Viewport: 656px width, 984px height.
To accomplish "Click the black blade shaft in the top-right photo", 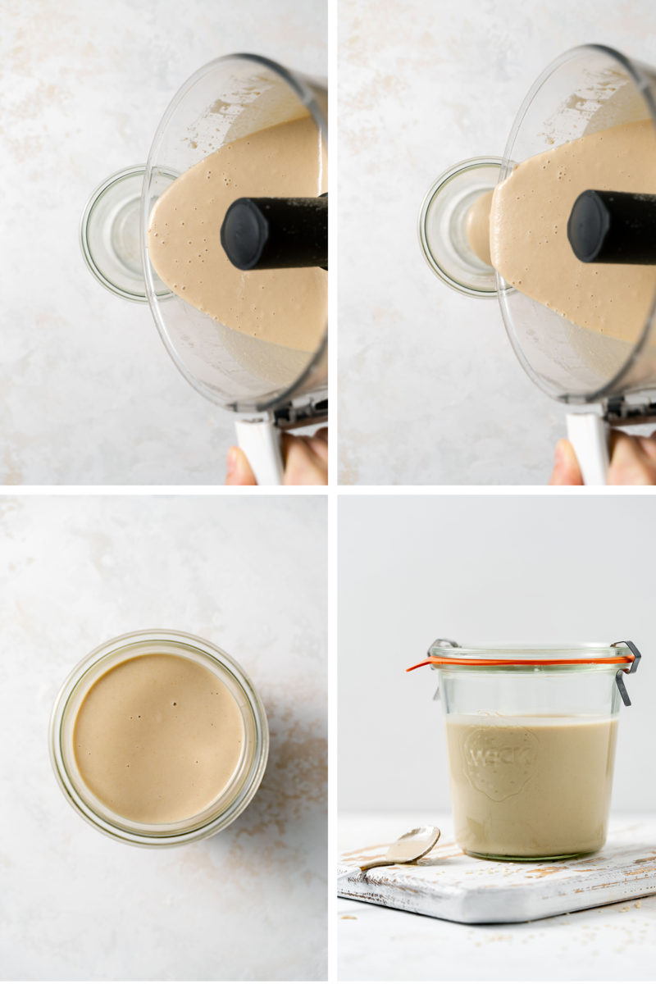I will point(615,226).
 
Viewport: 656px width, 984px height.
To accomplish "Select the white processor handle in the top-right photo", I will point(589,448).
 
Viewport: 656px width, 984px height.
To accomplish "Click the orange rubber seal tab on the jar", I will point(418,665).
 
